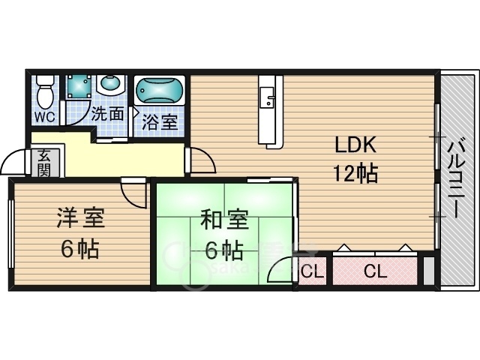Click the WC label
(44, 117)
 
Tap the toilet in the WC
(45, 94)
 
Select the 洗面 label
(107, 115)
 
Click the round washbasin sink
(110, 84)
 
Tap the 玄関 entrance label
(44, 163)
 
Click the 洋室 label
(81, 220)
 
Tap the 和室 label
(223, 221)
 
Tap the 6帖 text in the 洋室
(81, 249)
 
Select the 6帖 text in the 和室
(223, 250)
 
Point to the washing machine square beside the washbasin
(78, 88)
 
